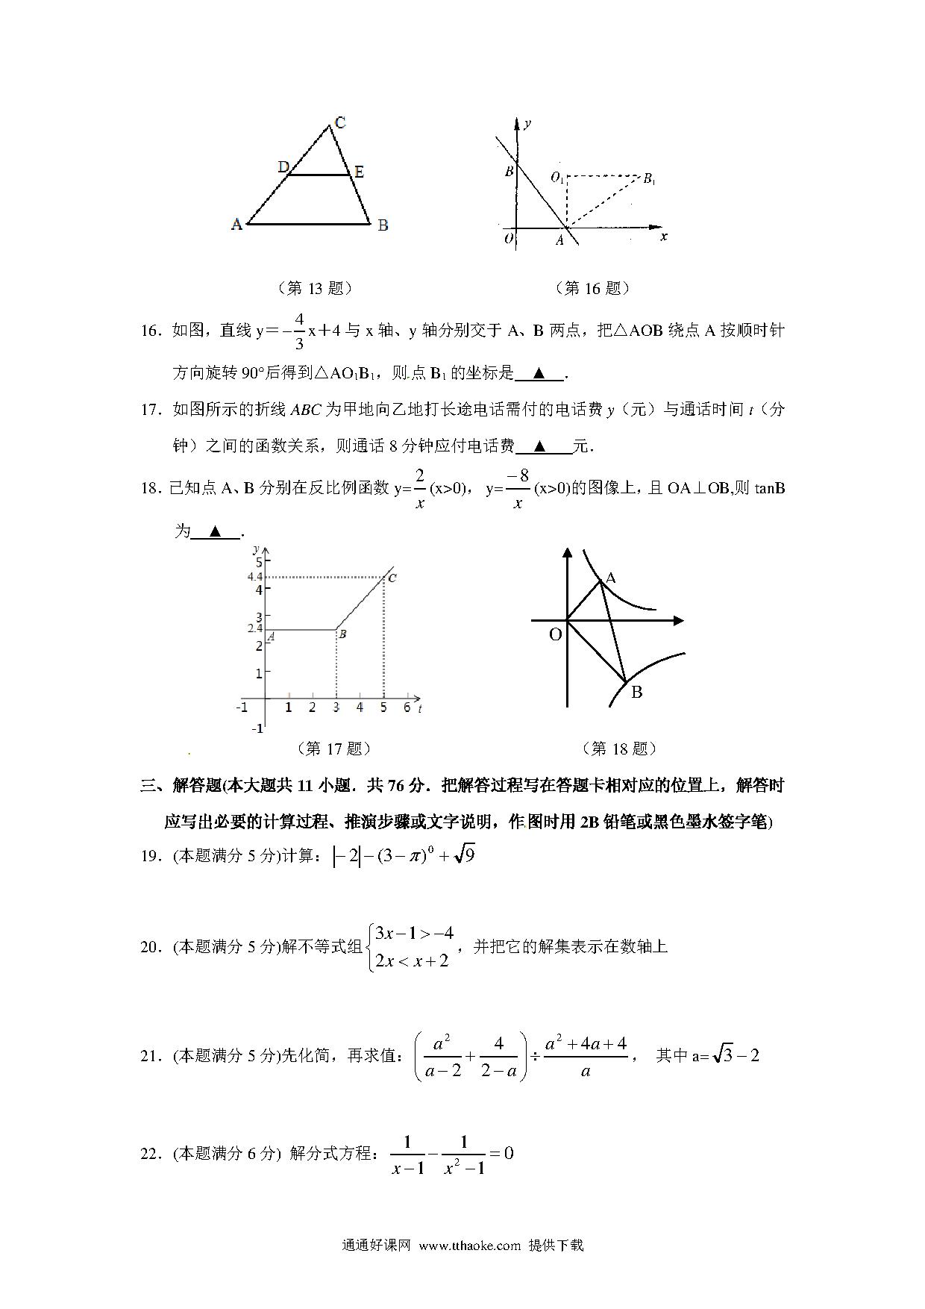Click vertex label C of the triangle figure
pos(340,122)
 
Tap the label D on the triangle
pos(283,166)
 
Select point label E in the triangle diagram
pos(359,172)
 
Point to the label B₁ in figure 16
pos(649,178)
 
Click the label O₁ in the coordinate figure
pos(556,178)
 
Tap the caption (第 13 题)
pos(314,288)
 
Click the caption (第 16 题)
pos(592,288)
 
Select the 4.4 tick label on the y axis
pos(255,577)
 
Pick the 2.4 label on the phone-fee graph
pos(255,628)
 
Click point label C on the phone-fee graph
pos(392,578)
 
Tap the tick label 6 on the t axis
pos(407,707)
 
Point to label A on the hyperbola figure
pos(611,578)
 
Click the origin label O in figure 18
pos(555,635)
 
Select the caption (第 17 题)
pos(333,749)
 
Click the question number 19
pos(151,856)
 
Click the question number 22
pos(151,1154)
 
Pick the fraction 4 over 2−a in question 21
pos(499,1057)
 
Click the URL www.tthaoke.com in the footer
pos(469,1246)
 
